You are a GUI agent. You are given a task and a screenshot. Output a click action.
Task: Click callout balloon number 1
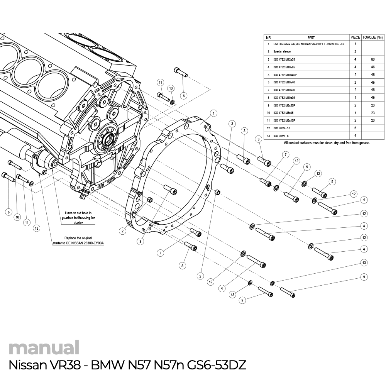click(213, 113)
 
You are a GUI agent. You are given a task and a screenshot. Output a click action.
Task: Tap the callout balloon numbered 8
click(183, 266)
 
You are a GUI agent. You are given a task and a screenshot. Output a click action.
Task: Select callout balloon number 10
click(17, 217)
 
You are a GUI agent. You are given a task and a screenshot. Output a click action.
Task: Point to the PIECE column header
click(355, 37)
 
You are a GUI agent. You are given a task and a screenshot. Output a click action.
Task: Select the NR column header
click(268, 37)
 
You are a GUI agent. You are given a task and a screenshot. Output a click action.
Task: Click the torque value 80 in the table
click(372, 59)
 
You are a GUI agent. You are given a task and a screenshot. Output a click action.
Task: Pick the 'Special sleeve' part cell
click(282, 51)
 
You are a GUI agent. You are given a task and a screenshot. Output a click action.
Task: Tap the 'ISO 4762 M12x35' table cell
click(284, 59)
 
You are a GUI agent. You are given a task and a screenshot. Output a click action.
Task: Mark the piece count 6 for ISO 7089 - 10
click(355, 128)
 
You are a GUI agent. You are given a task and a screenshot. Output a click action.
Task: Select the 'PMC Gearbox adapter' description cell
click(309, 44)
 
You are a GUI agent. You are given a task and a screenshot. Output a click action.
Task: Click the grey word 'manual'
click(44, 348)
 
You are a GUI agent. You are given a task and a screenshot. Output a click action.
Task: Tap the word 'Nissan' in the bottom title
click(25, 365)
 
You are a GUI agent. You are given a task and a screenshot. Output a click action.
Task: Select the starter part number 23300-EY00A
click(91, 243)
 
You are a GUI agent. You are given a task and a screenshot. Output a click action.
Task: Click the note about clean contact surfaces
click(327, 143)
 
